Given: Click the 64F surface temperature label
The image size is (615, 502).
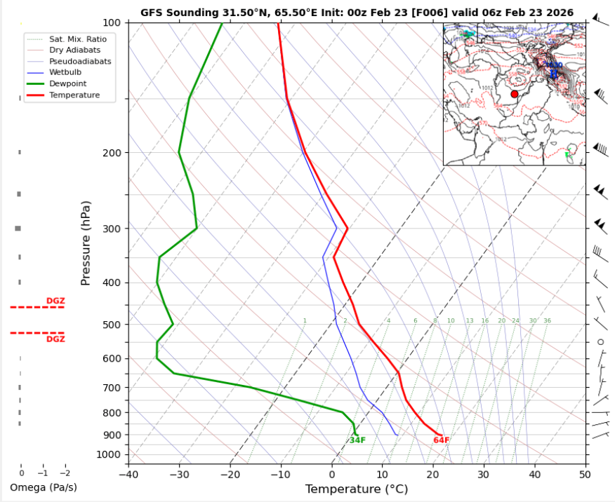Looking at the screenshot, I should click(x=441, y=440).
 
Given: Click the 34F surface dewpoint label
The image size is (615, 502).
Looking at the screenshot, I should click(x=357, y=440).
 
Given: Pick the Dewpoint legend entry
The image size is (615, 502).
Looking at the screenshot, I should click(x=66, y=83).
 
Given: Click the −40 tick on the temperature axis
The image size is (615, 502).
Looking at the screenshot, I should click(x=128, y=474).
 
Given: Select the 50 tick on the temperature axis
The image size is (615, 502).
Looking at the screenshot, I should click(x=585, y=474).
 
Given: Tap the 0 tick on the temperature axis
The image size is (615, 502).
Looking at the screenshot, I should click(x=331, y=474).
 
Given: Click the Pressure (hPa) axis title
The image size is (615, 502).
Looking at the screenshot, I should click(x=86, y=243).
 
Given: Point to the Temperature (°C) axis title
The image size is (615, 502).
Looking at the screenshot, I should click(x=356, y=489).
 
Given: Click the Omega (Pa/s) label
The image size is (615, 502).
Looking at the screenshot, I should click(x=44, y=487).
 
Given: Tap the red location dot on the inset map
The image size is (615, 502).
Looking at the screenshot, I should click(x=514, y=94).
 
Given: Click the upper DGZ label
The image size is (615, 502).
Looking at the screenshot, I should click(x=55, y=301).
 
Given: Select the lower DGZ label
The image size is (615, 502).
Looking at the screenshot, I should click(x=55, y=339).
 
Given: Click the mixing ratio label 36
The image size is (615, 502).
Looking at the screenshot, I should click(x=547, y=321).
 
